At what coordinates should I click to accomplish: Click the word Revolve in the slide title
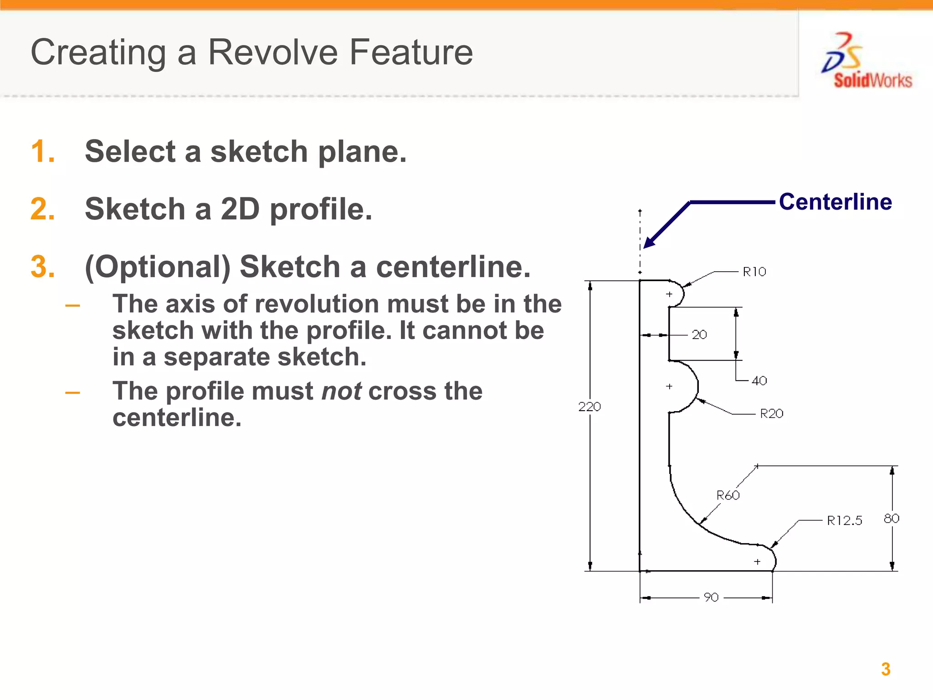click(x=273, y=52)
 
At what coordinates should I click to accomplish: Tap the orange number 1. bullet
click(x=42, y=151)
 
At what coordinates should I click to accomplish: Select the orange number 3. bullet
click(x=42, y=267)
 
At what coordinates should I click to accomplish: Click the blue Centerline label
click(x=835, y=202)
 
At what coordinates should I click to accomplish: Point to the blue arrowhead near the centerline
click(x=649, y=242)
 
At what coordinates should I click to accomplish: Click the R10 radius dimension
click(x=754, y=272)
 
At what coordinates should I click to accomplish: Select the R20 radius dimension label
click(x=771, y=414)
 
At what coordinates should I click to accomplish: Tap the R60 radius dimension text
click(x=728, y=495)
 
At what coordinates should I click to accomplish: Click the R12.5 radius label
click(x=844, y=520)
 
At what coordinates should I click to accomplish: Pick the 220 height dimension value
click(x=590, y=407)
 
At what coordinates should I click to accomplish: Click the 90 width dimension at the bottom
click(x=711, y=597)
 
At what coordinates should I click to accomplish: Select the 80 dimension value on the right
click(x=891, y=519)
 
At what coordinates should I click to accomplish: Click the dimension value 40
click(x=759, y=381)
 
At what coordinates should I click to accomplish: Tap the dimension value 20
click(x=699, y=335)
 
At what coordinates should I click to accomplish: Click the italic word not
click(x=341, y=391)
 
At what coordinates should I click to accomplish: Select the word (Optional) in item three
click(x=158, y=267)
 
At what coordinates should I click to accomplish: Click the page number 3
click(x=885, y=669)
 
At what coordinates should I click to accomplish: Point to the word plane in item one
click(x=362, y=152)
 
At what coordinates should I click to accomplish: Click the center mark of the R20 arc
click(x=669, y=386)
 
